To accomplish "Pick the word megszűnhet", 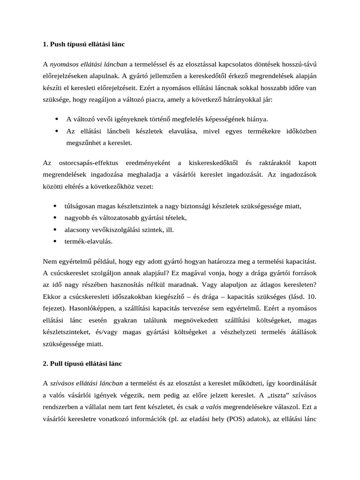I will [x=82, y=142].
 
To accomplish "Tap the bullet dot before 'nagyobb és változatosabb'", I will [x=56, y=217].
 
